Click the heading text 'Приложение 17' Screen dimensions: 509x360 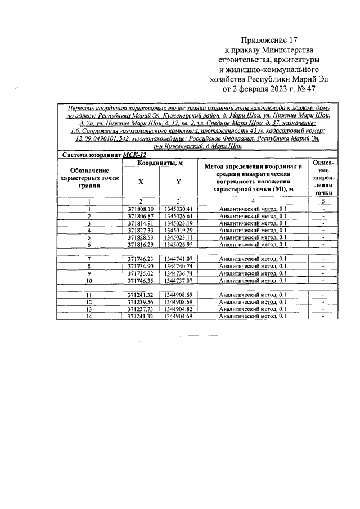coord(268,40)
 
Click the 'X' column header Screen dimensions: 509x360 coord(141,182)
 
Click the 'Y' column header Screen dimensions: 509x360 coord(178,182)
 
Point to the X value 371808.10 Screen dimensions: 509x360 coord(141,209)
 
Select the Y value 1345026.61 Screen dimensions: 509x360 coord(179,216)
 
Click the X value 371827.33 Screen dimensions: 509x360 coord(141,230)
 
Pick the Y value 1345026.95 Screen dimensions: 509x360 coord(179,245)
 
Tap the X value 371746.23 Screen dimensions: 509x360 coord(141,259)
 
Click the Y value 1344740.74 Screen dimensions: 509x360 coord(179,266)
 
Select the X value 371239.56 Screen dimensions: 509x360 coord(141,302)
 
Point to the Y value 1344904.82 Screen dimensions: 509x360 coord(179,309)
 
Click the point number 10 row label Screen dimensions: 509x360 coord(89,280)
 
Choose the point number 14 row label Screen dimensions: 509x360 coord(89,317)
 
